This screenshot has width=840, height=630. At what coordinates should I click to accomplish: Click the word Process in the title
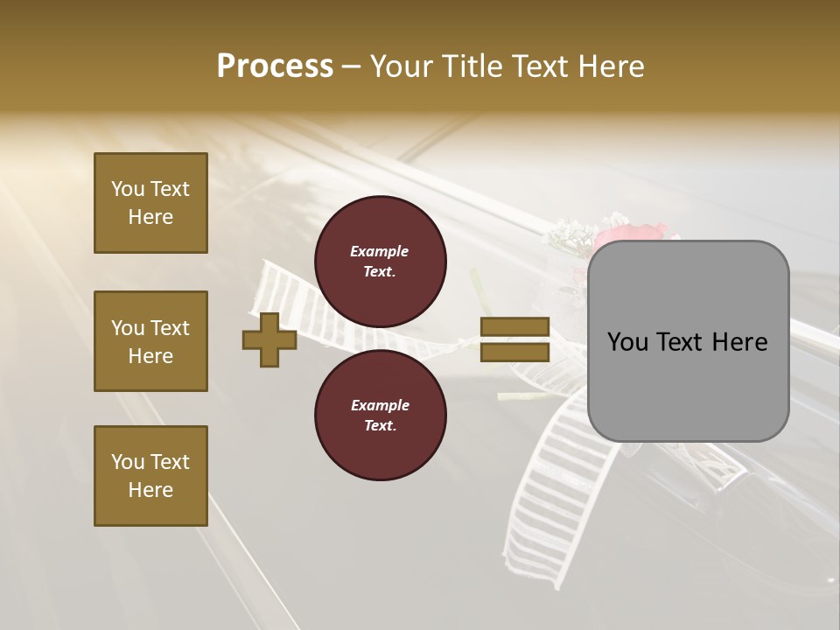coord(275,66)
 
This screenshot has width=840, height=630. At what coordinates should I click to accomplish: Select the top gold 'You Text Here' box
coord(150,203)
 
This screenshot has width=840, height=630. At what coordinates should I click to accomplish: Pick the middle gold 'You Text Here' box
coord(150,341)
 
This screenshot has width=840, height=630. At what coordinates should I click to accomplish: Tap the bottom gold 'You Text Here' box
coord(150,476)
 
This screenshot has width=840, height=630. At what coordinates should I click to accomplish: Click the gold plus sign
coord(269,339)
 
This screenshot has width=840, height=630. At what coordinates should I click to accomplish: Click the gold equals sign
coord(514,339)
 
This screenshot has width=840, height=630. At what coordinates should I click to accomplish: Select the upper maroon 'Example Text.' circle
coord(381,262)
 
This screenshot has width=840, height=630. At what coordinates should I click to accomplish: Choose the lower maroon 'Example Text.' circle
coord(381,416)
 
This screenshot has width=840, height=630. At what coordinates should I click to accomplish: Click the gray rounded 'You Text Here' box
coord(688,341)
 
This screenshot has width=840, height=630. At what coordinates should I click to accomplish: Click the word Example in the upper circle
coord(380,252)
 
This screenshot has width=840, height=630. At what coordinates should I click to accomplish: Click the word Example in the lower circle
coord(380,406)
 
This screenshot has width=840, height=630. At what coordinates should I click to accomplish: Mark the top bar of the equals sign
coord(514,327)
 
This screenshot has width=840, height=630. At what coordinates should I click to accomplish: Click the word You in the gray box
coord(629,342)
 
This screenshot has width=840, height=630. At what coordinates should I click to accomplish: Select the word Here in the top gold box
coord(150,217)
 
